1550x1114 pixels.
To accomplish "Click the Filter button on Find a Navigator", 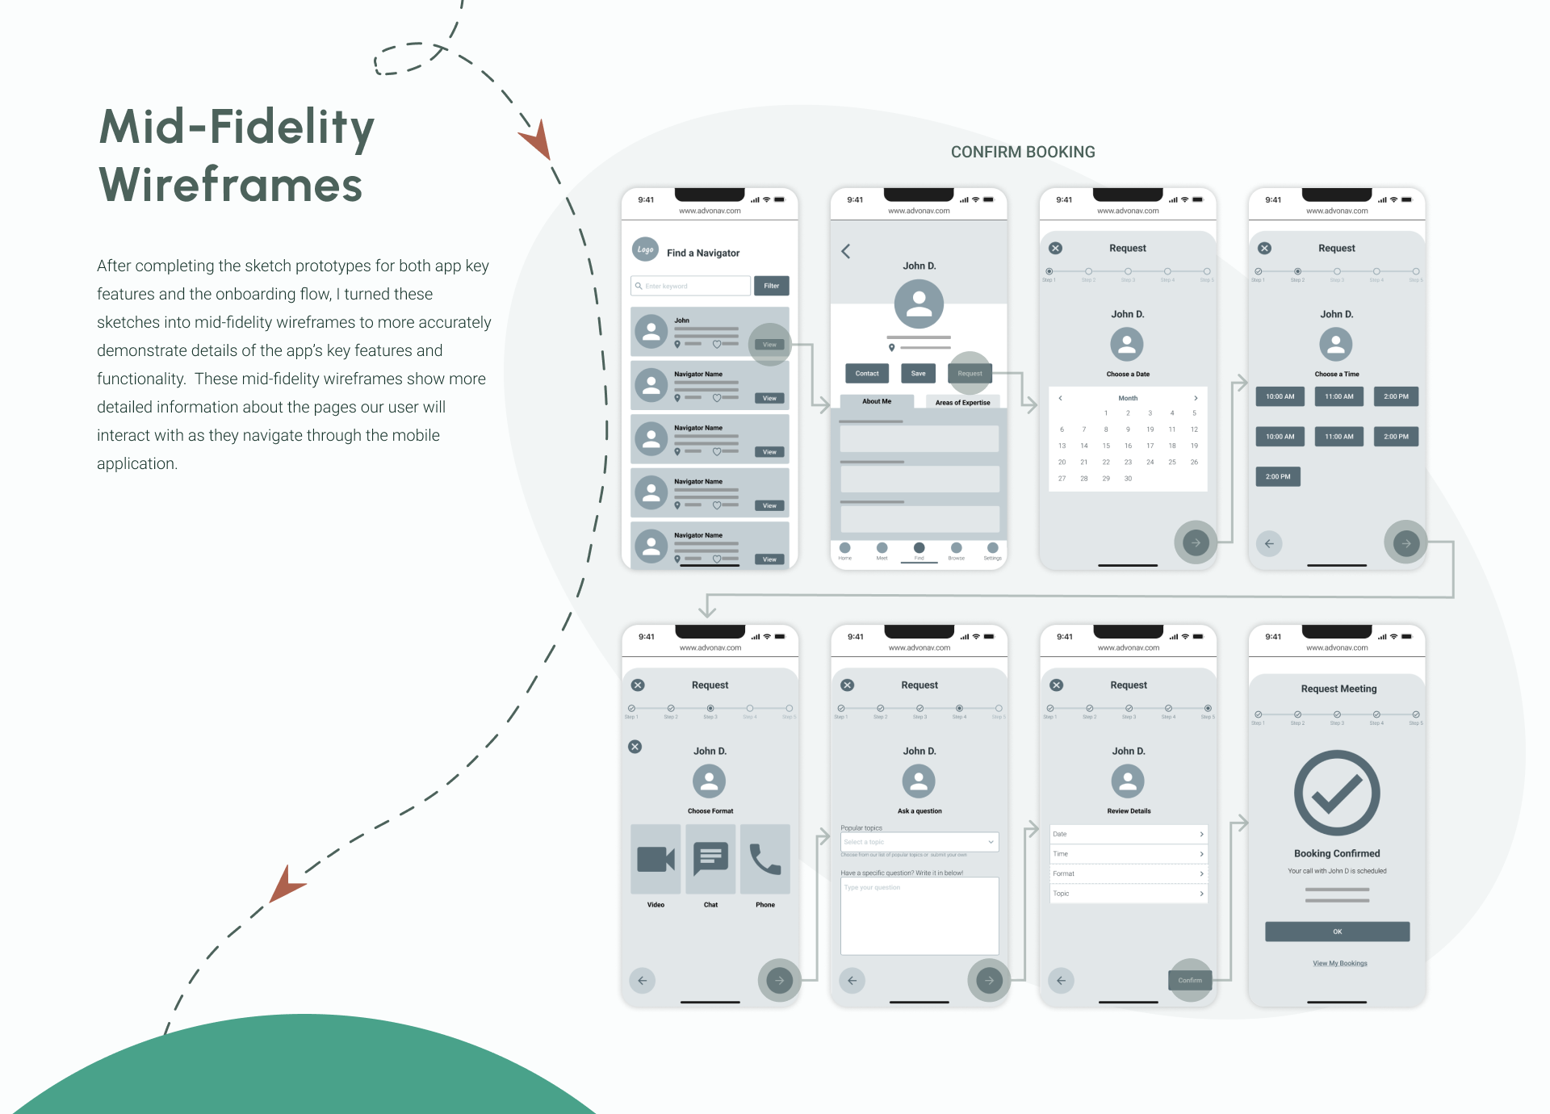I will [x=771, y=286].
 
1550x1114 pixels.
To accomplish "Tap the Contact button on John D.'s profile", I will [x=867, y=373].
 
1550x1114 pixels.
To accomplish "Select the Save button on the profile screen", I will [x=918, y=373].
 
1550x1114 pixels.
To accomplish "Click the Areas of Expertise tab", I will [x=962, y=402].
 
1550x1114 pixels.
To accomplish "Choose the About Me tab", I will [x=877, y=401].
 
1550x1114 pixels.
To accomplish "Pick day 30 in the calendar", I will [x=1128, y=479].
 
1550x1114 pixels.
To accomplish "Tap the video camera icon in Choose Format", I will [x=656, y=859].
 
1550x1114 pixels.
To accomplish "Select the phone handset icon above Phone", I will [x=765, y=859].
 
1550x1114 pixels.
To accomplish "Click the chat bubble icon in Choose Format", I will [x=710, y=859].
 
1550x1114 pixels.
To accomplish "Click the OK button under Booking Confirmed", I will [x=1337, y=932].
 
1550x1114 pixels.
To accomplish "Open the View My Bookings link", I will [x=1339, y=963].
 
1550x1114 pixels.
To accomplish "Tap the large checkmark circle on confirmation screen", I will [x=1337, y=793].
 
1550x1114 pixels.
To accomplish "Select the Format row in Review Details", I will [x=1128, y=873].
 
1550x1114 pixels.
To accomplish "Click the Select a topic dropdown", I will [x=919, y=842].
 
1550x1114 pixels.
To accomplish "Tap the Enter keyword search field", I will [x=690, y=286].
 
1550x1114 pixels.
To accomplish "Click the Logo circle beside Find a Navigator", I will [x=645, y=249].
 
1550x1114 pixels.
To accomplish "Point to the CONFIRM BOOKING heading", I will [x=1023, y=152].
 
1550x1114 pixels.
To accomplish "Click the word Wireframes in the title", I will [x=231, y=185].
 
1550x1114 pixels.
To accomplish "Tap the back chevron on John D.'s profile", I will [x=846, y=251].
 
